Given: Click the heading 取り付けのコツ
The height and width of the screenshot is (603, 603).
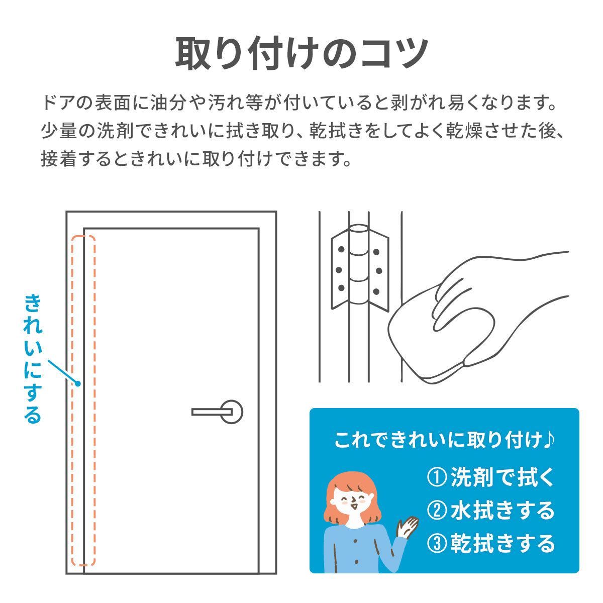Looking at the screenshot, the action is (301, 53).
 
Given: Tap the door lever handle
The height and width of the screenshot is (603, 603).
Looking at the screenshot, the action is (213, 412).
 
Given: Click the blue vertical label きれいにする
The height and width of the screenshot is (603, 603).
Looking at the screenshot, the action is (33, 359).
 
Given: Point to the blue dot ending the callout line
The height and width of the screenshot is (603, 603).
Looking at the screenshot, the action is (78, 383).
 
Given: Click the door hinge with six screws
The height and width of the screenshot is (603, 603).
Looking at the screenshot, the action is (360, 268).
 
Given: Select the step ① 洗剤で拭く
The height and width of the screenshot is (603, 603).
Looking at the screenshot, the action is (490, 477).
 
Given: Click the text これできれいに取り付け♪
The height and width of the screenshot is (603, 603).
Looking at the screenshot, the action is (444, 440).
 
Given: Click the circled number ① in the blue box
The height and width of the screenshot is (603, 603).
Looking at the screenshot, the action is (437, 478).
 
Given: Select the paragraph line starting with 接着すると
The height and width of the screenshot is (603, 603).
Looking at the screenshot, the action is (196, 159).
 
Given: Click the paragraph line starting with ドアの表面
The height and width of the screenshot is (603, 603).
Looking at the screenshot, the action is (298, 102).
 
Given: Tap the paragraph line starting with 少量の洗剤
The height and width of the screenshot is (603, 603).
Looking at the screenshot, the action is (301, 131).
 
